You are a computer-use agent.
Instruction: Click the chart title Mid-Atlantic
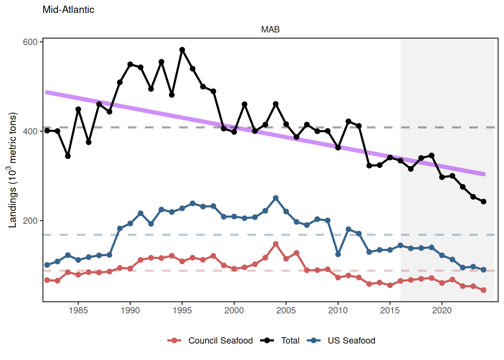click(x=68, y=10)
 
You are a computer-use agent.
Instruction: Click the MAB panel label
click(x=270, y=30)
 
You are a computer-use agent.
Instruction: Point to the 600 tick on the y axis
click(x=30, y=42)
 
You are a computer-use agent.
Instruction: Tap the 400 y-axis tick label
click(x=30, y=132)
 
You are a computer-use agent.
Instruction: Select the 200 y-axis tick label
click(x=30, y=221)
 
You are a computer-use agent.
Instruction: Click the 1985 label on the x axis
click(x=78, y=310)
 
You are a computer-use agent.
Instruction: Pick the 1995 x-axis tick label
click(x=182, y=310)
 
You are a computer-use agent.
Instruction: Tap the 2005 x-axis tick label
click(x=286, y=310)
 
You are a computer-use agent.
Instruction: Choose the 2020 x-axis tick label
click(x=442, y=310)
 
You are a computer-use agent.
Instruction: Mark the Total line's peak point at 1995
click(x=182, y=50)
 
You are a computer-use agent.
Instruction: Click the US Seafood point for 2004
click(x=276, y=198)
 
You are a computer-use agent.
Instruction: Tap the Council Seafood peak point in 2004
click(x=276, y=244)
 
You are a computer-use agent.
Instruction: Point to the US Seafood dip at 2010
click(x=338, y=255)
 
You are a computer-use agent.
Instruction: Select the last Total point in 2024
click(x=483, y=202)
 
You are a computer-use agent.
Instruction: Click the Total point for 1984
click(x=68, y=156)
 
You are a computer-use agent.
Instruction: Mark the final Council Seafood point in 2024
click(x=483, y=290)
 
